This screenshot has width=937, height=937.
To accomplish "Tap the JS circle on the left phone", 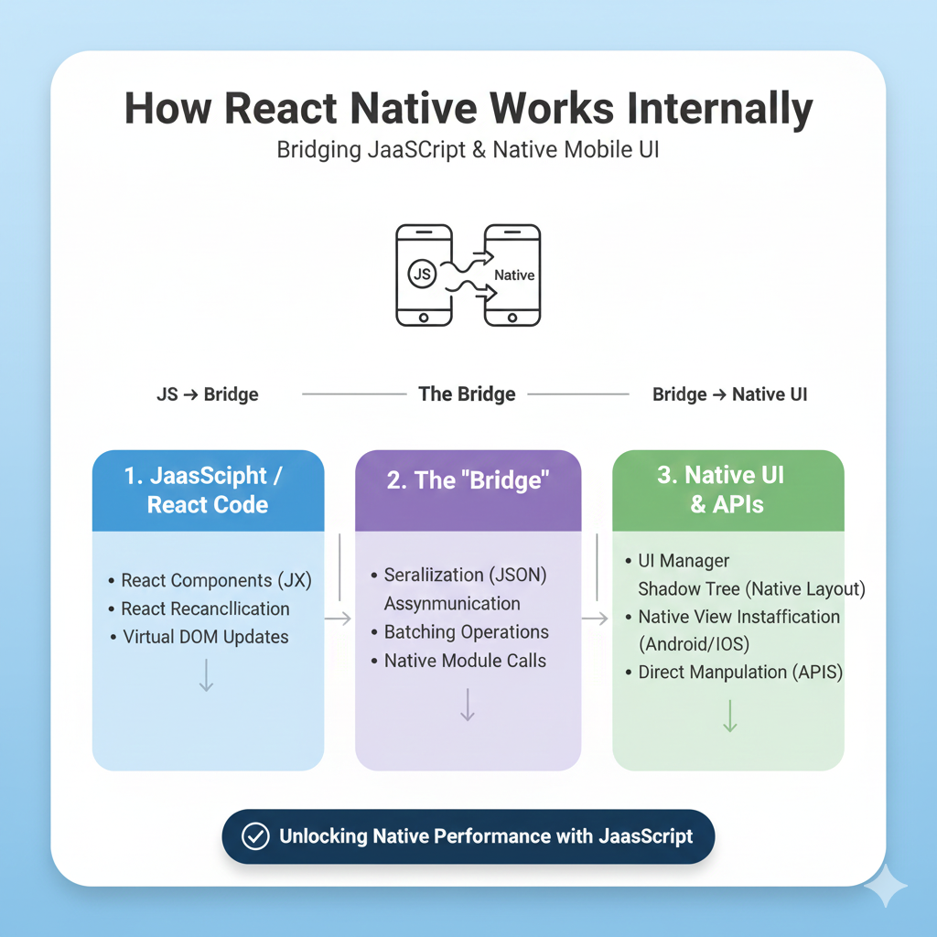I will pyautogui.click(x=422, y=274).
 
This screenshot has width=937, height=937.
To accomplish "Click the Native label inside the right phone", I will pyautogui.click(x=513, y=275).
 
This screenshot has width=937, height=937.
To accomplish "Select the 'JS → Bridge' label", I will pyautogui.click(x=207, y=395).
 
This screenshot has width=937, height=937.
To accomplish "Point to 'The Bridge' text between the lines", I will pyautogui.click(x=467, y=394).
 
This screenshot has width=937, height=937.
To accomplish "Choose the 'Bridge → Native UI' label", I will pyautogui.click(x=729, y=395).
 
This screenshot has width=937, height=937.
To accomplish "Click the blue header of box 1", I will pyautogui.click(x=208, y=490).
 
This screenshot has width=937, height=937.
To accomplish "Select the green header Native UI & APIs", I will pyautogui.click(x=728, y=490).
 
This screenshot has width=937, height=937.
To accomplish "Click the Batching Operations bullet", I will pyautogui.click(x=466, y=632).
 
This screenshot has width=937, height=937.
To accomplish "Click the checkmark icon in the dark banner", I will pyautogui.click(x=254, y=836).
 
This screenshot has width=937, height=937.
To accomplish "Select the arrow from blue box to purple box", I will pyautogui.click(x=339, y=619).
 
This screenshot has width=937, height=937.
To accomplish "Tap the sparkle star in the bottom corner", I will pyautogui.click(x=885, y=887).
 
